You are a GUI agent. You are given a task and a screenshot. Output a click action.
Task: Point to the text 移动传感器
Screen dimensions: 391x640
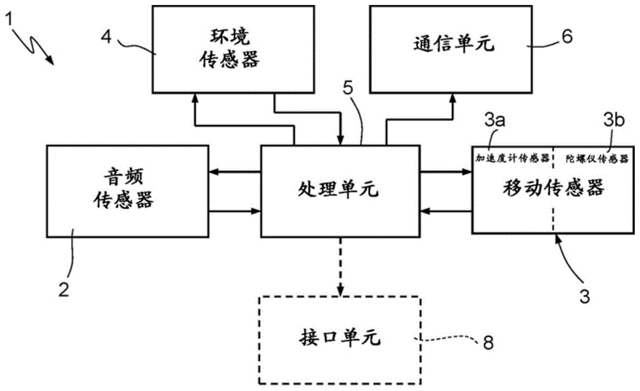click(x=553, y=188)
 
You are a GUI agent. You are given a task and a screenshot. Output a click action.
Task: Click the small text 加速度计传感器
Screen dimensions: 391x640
click(x=512, y=157)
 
